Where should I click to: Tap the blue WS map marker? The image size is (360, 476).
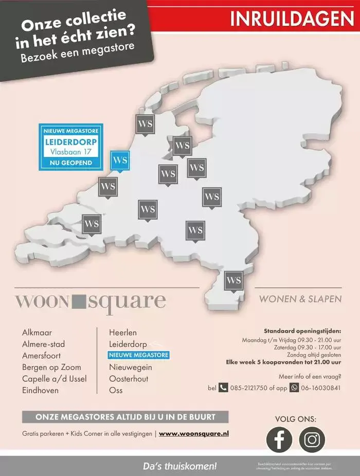point(120,160)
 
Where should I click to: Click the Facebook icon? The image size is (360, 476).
point(279,439)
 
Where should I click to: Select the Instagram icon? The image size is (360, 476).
point(312,439)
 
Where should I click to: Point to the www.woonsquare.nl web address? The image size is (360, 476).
point(194,434)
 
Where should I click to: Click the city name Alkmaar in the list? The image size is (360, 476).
point(37,333)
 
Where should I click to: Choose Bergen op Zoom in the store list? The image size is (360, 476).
point(51,367)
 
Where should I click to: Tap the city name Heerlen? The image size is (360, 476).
point(123,333)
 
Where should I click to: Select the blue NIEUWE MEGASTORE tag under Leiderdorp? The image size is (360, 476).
point(138,356)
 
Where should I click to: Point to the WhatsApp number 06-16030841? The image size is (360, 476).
point(321,387)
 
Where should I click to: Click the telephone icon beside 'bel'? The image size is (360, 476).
point(223,387)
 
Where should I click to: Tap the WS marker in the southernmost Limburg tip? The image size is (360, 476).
point(233,280)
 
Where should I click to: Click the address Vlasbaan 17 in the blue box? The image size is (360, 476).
point(71,152)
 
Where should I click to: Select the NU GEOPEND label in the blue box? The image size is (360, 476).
point(71,163)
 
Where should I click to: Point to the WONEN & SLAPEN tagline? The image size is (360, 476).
point(300,299)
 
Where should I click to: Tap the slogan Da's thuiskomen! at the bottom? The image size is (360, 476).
point(180,466)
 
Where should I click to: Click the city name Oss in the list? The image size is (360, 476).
point(116,390)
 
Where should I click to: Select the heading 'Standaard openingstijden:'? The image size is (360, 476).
point(302,331)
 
